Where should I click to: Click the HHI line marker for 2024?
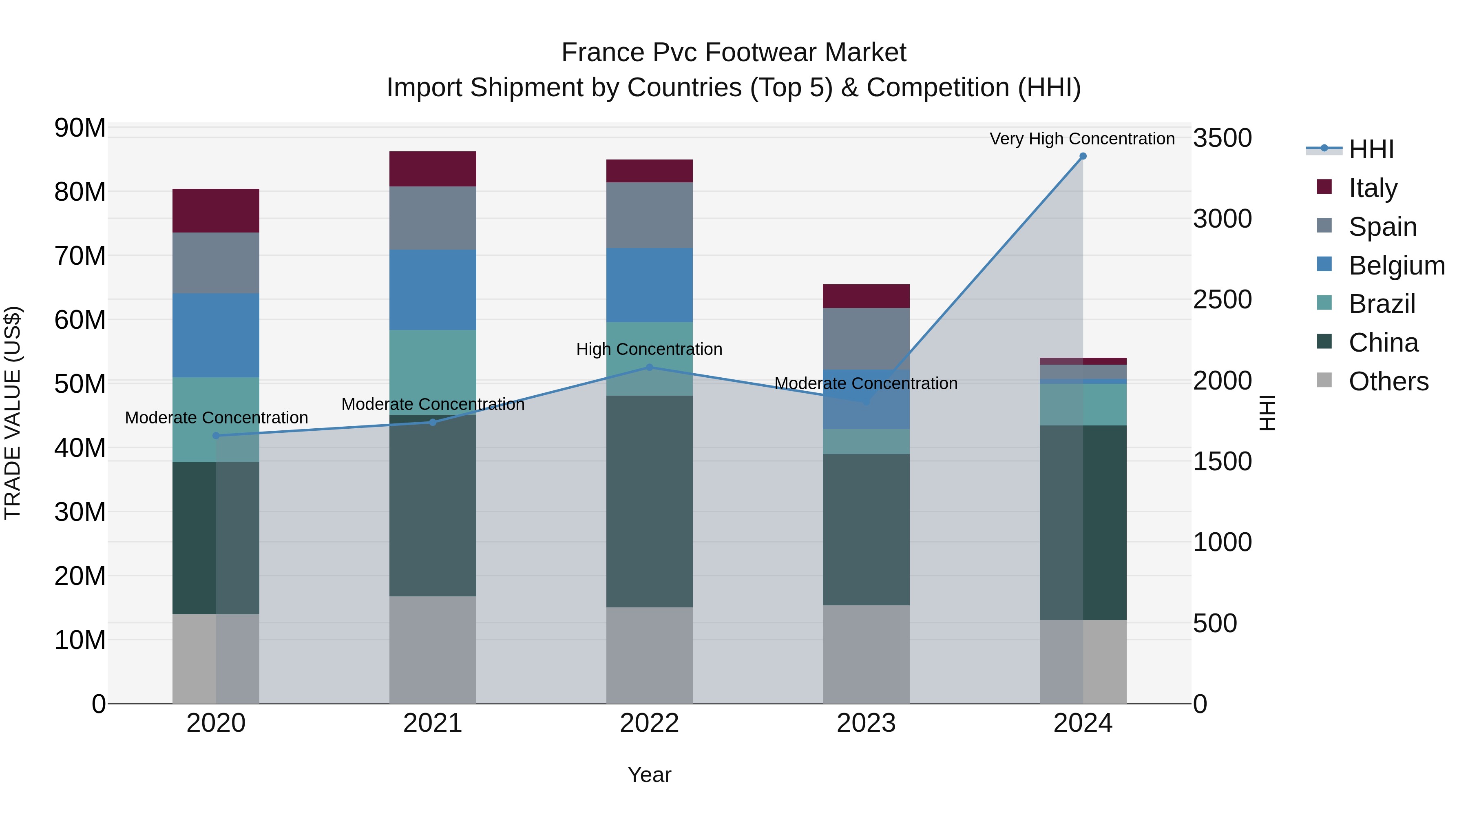tap(1083, 156)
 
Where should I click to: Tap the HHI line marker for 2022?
tap(649, 368)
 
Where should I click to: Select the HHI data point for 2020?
tap(216, 436)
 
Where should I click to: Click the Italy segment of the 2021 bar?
tap(433, 169)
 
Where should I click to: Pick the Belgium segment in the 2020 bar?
tap(216, 335)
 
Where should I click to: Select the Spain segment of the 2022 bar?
tap(649, 215)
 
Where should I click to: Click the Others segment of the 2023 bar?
tap(866, 654)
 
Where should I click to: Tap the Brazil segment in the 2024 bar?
tap(1083, 404)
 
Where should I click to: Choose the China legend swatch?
tap(1324, 342)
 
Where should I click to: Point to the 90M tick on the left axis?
tap(80, 128)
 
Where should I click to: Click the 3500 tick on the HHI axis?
tap(1223, 138)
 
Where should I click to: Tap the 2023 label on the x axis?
tap(866, 723)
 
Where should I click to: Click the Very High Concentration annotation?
tap(1081, 139)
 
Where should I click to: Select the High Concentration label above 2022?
tap(649, 349)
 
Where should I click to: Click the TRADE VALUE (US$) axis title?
tap(13, 413)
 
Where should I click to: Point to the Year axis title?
tap(649, 775)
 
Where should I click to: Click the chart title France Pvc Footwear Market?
tap(734, 53)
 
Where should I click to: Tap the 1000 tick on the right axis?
tap(1223, 542)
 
